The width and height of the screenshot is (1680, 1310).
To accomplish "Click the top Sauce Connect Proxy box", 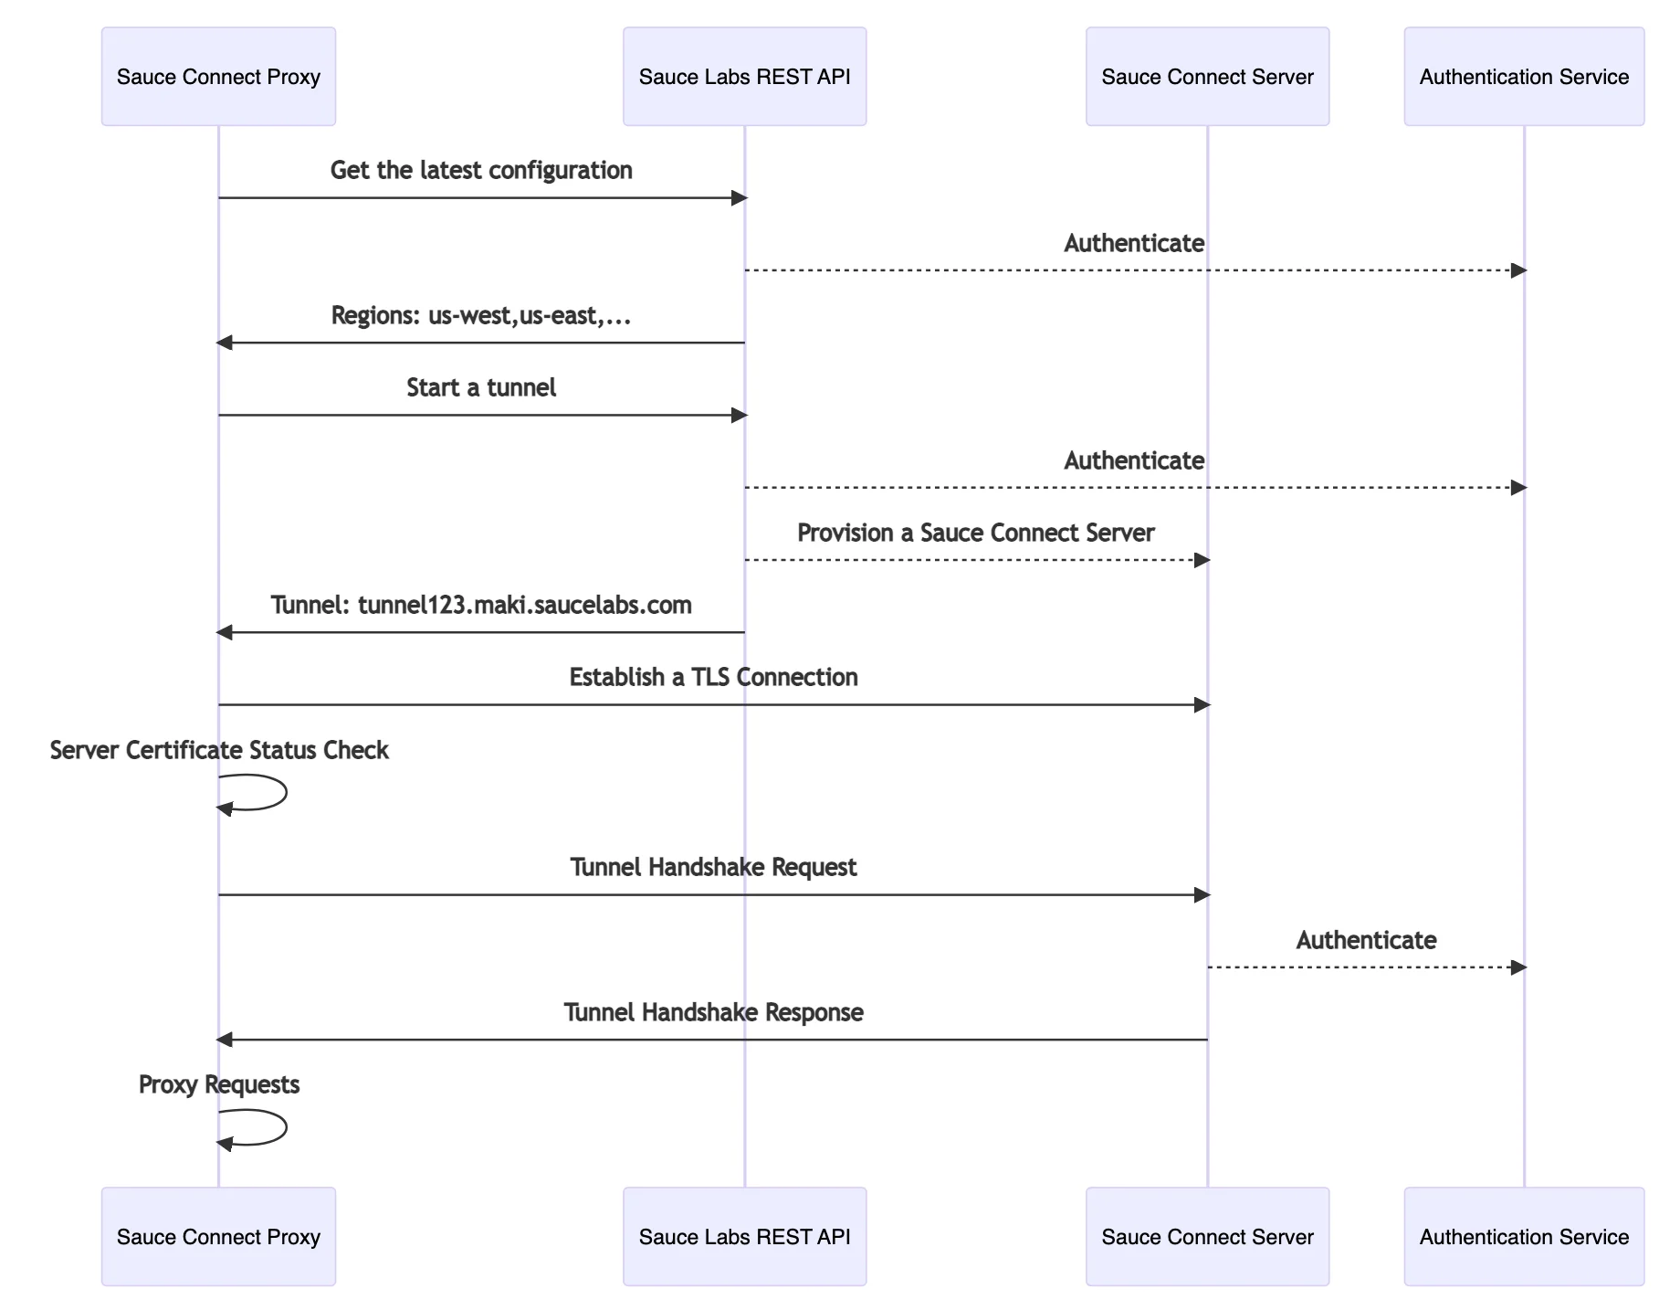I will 218,77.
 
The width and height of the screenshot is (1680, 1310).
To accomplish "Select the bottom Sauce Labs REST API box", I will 744,1236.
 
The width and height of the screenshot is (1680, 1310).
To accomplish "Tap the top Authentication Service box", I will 1523,77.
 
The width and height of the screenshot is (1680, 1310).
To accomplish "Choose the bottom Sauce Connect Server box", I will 1206,1236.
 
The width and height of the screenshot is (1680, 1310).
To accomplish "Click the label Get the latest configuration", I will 481,171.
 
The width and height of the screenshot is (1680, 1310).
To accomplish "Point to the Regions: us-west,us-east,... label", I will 481,316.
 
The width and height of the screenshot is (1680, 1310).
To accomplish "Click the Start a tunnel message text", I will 481,388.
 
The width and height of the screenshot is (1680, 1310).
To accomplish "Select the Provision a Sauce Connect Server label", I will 975,534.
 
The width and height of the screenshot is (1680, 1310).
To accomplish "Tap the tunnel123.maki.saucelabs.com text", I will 524,606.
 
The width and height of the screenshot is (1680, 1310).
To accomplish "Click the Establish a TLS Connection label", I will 713,678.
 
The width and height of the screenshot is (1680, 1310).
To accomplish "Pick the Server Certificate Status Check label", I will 219,751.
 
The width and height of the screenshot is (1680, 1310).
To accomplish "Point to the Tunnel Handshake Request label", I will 713,868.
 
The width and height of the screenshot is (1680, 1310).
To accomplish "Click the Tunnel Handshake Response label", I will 713,1013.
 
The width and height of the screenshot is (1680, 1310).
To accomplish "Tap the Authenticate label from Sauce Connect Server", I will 1365,941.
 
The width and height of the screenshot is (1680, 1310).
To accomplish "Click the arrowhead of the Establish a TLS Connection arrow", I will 1202,705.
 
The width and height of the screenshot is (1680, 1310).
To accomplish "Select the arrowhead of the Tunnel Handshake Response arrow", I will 225,1040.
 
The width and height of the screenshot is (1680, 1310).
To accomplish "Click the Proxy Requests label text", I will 219,1085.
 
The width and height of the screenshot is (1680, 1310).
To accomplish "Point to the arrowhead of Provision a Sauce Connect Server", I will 1202,560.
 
